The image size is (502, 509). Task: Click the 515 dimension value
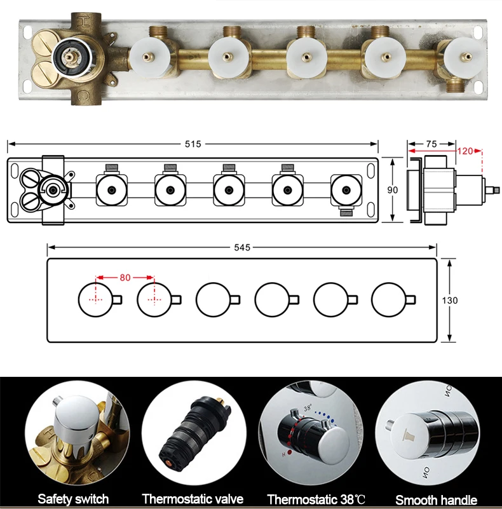(193, 144)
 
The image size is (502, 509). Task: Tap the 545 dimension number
(242, 248)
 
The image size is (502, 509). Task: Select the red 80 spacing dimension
(125, 278)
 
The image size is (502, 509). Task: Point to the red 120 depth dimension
(465, 151)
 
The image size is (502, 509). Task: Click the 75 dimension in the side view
(431, 144)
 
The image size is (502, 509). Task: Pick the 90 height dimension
(392, 190)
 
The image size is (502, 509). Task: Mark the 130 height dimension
(450, 301)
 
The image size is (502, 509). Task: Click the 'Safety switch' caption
(73, 499)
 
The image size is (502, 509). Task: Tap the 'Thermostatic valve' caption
(193, 499)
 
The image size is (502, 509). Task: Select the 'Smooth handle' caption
(436, 499)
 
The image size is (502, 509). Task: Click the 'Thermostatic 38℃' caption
(316, 499)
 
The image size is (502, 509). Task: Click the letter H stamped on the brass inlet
(85, 22)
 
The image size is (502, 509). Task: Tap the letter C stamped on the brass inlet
(83, 95)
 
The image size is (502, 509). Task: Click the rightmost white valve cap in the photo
(466, 58)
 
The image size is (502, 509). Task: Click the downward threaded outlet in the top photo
(455, 86)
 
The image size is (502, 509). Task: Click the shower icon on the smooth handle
(409, 435)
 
